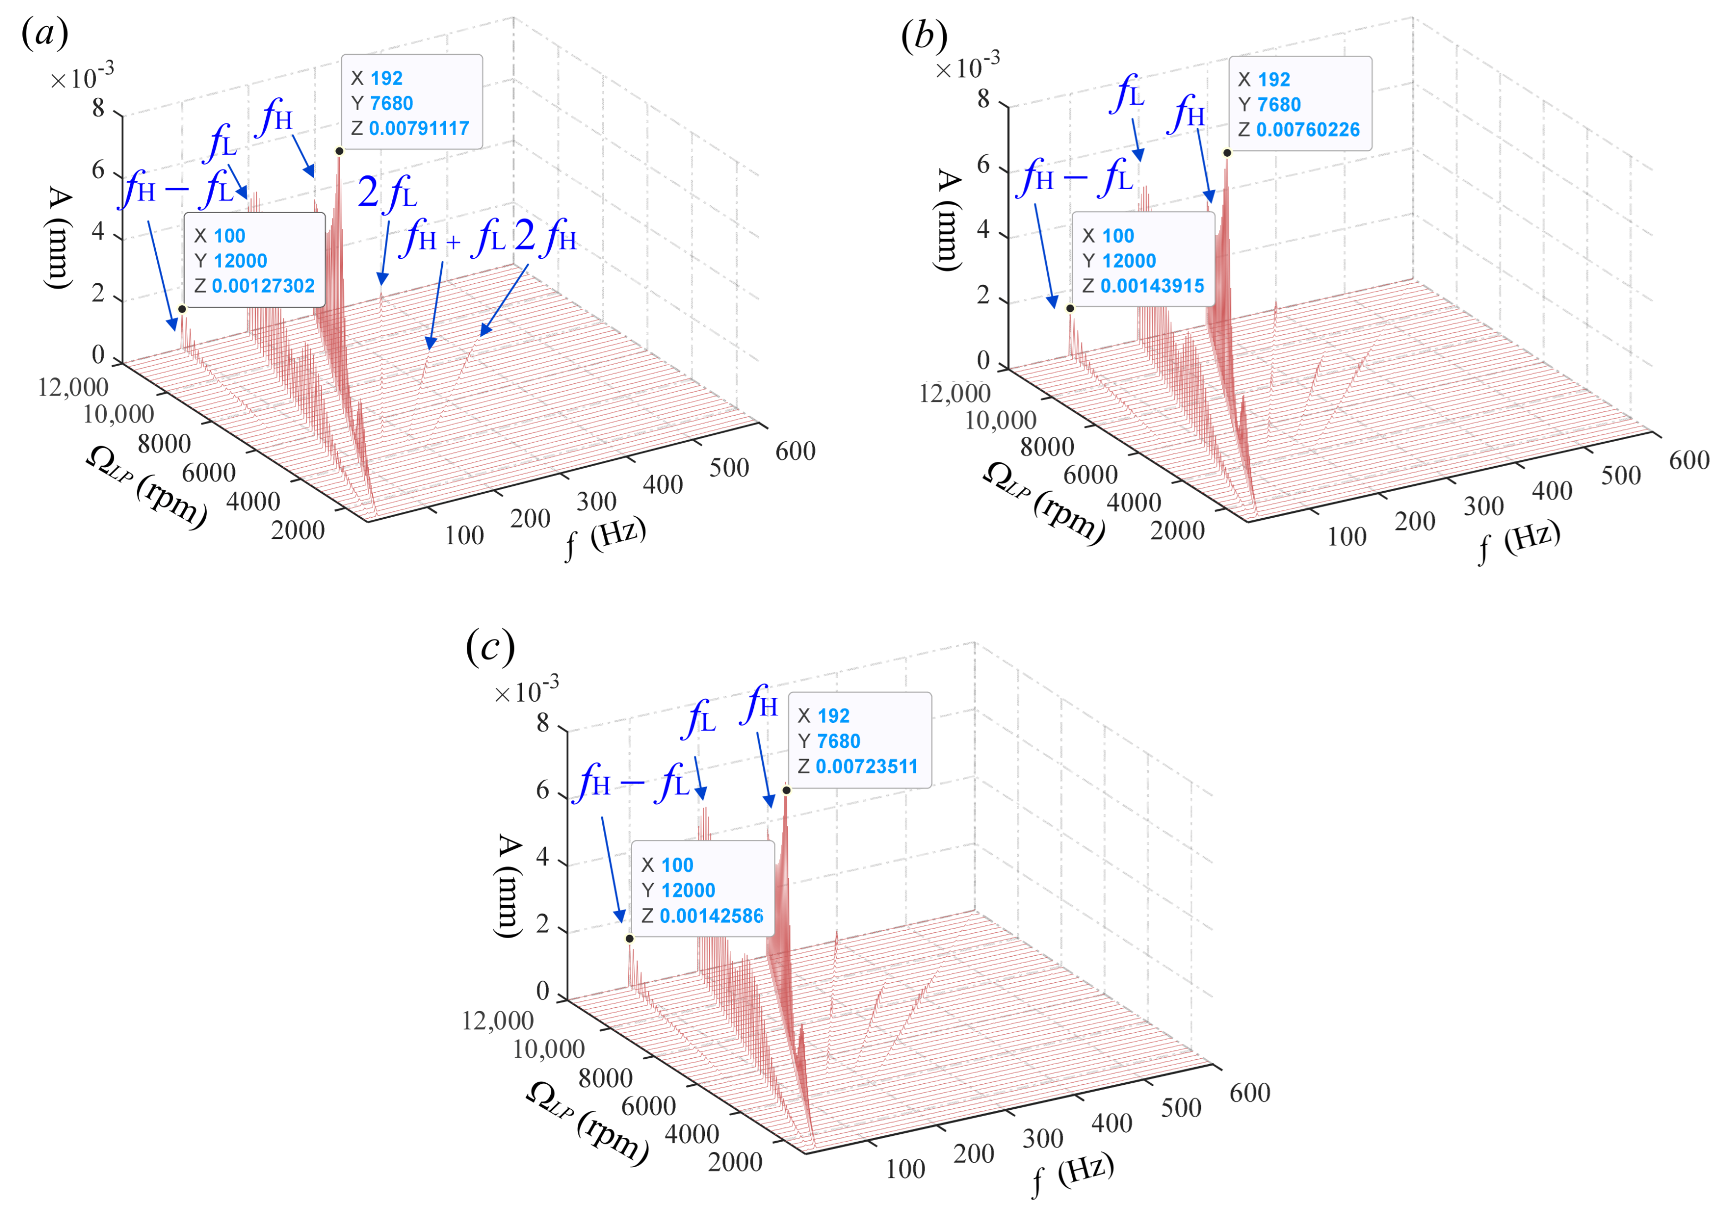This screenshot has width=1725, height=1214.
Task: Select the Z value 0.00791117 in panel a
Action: pyautogui.click(x=418, y=129)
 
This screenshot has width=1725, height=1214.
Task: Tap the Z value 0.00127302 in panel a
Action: pyautogui.click(x=263, y=286)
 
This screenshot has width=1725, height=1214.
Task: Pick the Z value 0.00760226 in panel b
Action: pyautogui.click(x=1307, y=130)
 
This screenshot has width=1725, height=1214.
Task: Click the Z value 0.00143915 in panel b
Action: pyautogui.click(x=1152, y=286)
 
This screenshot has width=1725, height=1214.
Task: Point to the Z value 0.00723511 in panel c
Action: pyautogui.click(x=866, y=766)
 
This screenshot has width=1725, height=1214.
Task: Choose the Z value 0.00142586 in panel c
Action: pyautogui.click(x=711, y=916)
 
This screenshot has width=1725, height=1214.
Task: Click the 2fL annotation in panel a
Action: pyautogui.click(x=387, y=193)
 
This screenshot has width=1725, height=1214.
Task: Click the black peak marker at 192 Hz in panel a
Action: pyautogui.click(x=340, y=151)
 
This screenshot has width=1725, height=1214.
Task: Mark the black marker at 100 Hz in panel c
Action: pyautogui.click(x=629, y=938)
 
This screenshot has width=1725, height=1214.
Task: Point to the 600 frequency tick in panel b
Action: pyautogui.click(x=1688, y=460)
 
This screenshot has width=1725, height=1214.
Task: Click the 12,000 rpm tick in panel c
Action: pyautogui.click(x=498, y=1021)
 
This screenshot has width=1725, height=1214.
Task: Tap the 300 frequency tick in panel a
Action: pyautogui.click(x=596, y=502)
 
